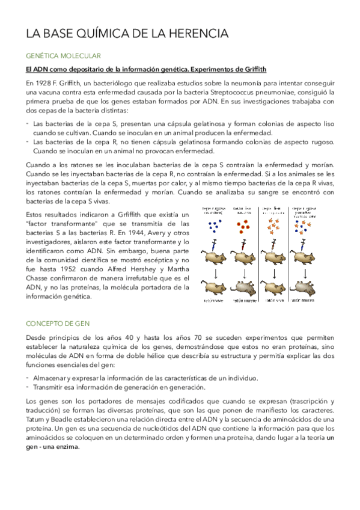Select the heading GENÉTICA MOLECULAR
(x=59, y=55)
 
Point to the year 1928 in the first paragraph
(x=44, y=82)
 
